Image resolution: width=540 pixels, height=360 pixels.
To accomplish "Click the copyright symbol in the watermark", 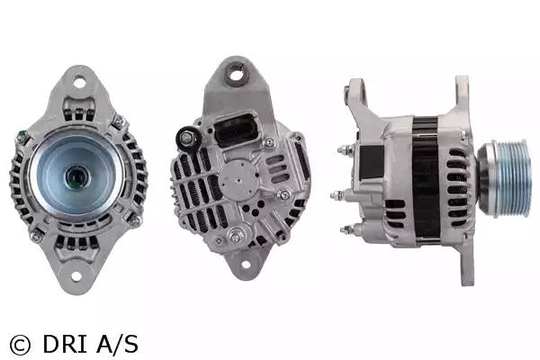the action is (20, 346).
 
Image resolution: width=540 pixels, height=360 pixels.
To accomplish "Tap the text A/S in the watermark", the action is (117, 344).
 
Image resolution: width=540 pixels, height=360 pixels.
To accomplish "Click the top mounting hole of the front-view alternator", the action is (79, 82).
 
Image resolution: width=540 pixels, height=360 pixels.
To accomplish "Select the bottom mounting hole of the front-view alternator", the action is (76, 276).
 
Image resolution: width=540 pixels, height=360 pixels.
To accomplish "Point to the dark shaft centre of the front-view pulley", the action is (76, 177).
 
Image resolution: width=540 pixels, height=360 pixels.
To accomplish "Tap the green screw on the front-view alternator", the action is (22, 135).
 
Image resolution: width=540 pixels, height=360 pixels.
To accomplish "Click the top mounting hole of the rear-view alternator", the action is (236, 75).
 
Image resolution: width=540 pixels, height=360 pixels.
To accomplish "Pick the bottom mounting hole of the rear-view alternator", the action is (246, 265).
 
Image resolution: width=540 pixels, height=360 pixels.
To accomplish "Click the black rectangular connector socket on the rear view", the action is (236, 130).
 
